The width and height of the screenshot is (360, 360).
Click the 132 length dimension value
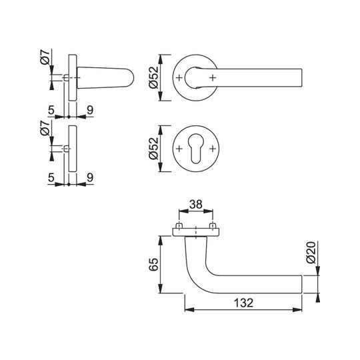[x=243, y=303]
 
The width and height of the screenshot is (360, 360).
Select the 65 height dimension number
[x=153, y=264]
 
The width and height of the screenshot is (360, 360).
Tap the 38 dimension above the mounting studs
[x=196, y=204]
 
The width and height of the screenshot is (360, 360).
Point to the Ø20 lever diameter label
[x=311, y=252]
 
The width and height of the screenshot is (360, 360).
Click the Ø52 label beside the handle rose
[x=153, y=77]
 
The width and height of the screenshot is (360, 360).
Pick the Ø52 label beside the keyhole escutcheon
[x=153, y=148]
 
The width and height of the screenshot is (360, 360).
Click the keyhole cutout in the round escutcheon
[x=195, y=149]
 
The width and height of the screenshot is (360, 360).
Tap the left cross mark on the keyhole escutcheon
[x=179, y=149]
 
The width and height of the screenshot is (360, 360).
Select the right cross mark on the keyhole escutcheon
[x=213, y=149]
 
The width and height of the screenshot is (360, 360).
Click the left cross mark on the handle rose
[x=179, y=78]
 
